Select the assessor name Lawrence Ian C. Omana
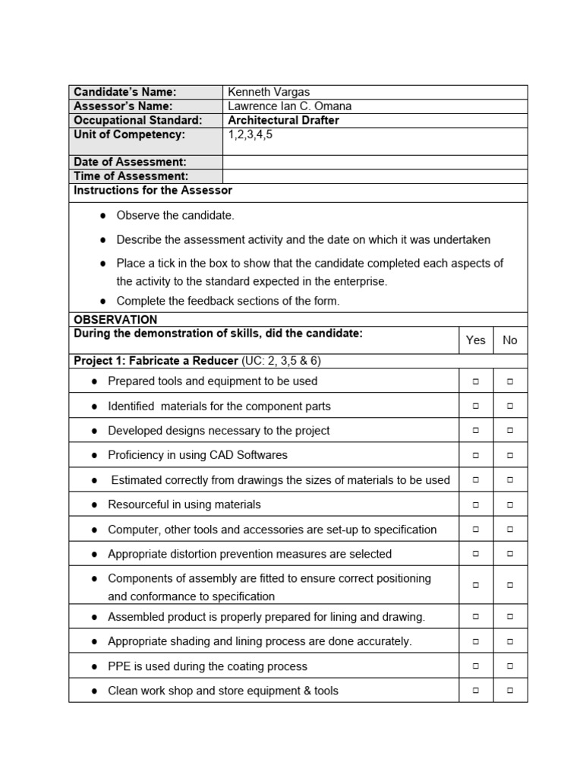(x=290, y=106)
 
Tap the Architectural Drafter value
(x=283, y=120)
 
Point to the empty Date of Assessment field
(x=374, y=162)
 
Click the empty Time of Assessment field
(x=374, y=176)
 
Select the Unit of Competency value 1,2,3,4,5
(x=250, y=134)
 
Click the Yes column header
(x=476, y=340)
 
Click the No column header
(x=510, y=340)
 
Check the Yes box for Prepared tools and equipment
(x=476, y=381)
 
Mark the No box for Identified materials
(x=510, y=406)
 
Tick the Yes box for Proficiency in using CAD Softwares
(x=476, y=456)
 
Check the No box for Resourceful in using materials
(x=510, y=504)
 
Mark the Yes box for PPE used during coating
(x=476, y=666)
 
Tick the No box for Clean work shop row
(x=510, y=691)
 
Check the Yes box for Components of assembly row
(x=476, y=586)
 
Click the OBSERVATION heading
(x=115, y=320)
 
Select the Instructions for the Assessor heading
(x=153, y=190)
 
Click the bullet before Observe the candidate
(x=102, y=216)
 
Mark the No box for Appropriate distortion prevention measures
(x=510, y=554)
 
